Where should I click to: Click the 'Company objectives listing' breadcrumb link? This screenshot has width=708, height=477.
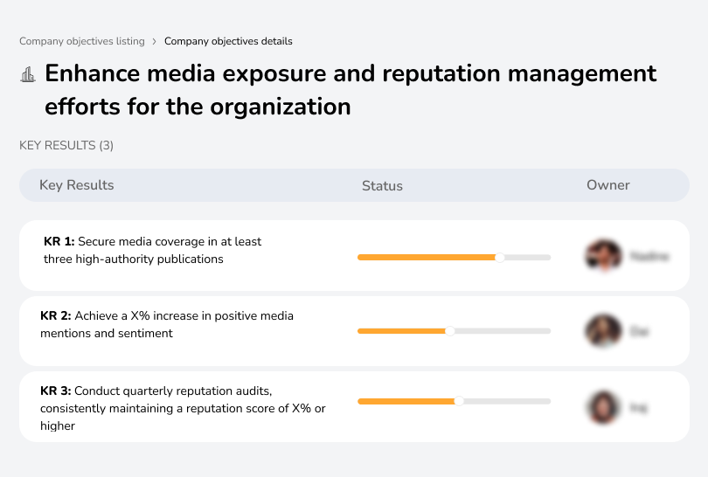[x=82, y=41]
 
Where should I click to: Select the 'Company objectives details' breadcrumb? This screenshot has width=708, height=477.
[x=228, y=41]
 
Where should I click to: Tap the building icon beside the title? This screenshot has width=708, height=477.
[x=28, y=74]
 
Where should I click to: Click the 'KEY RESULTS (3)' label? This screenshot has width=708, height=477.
[x=66, y=145]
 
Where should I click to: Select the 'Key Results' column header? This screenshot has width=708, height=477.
[x=76, y=185]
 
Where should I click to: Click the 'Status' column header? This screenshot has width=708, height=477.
[x=382, y=185]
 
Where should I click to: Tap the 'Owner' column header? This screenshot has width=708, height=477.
[x=607, y=185]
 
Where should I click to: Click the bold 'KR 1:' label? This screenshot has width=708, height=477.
[x=59, y=241]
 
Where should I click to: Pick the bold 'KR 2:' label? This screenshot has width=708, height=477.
[x=56, y=315]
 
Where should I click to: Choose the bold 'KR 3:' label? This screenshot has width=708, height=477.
[x=56, y=391]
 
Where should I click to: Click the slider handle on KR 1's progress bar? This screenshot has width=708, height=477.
[x=500, y=257]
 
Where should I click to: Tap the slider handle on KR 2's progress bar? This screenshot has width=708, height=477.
[x=450, y=331]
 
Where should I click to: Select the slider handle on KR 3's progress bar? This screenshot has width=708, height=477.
[x=459, y=401]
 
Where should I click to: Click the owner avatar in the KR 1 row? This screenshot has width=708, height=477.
[x=603, y=256]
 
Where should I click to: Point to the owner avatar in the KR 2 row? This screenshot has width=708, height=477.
[x=603, y=331]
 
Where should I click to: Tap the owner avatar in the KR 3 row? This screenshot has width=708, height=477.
[x=603, y=406]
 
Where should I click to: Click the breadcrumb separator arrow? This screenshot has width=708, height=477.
[x=155, y=41]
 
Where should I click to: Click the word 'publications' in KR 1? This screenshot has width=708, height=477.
[x=189, y=259]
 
